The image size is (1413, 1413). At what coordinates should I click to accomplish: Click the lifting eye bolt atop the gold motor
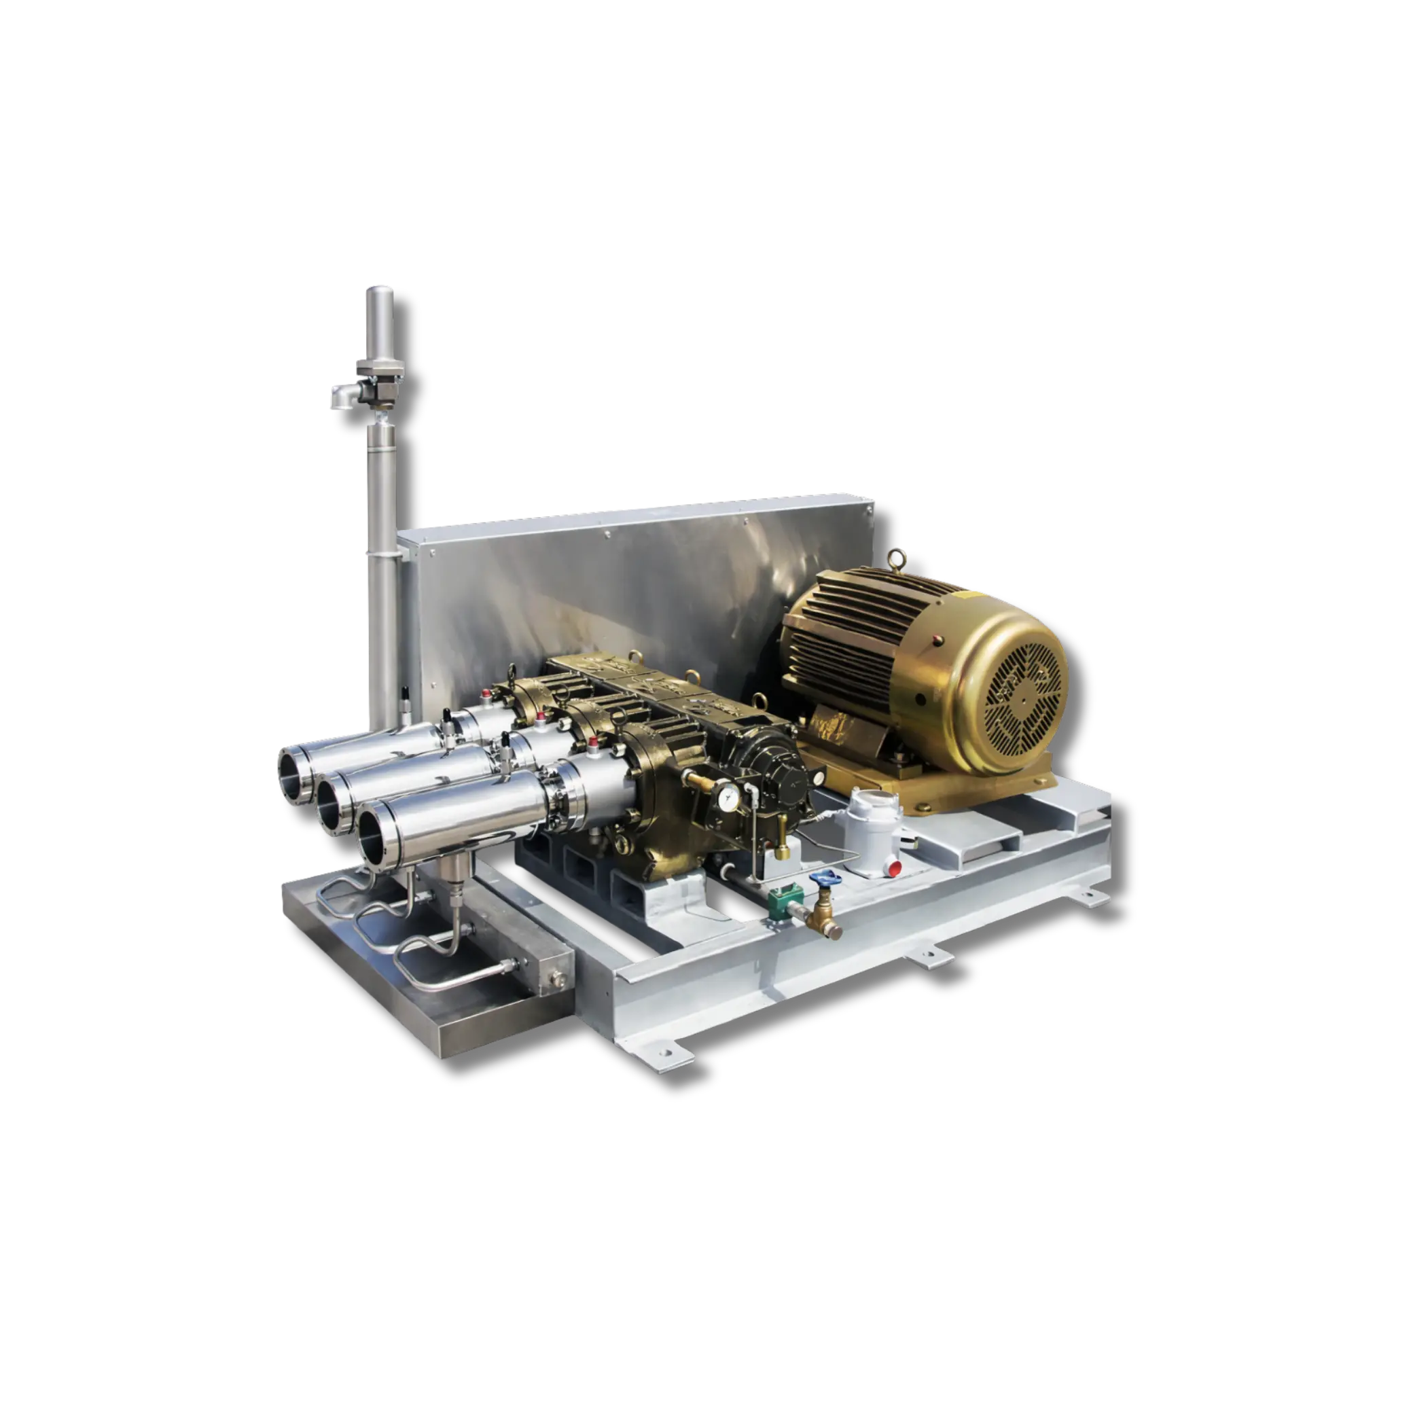(x=897, y=560)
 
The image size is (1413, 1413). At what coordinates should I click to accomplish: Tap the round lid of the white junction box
(x=870, y=799)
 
